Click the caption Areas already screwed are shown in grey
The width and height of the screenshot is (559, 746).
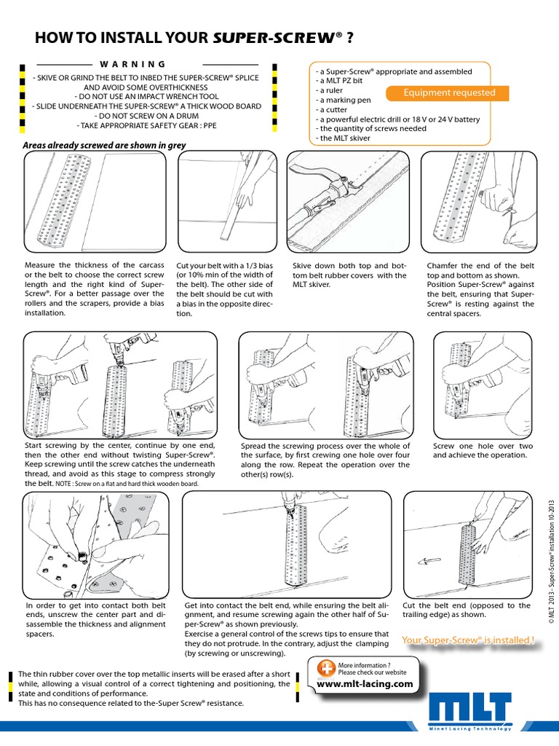point(104,145)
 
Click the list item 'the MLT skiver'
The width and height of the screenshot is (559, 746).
point(344,138)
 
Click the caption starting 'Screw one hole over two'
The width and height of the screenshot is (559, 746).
point(483,450)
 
